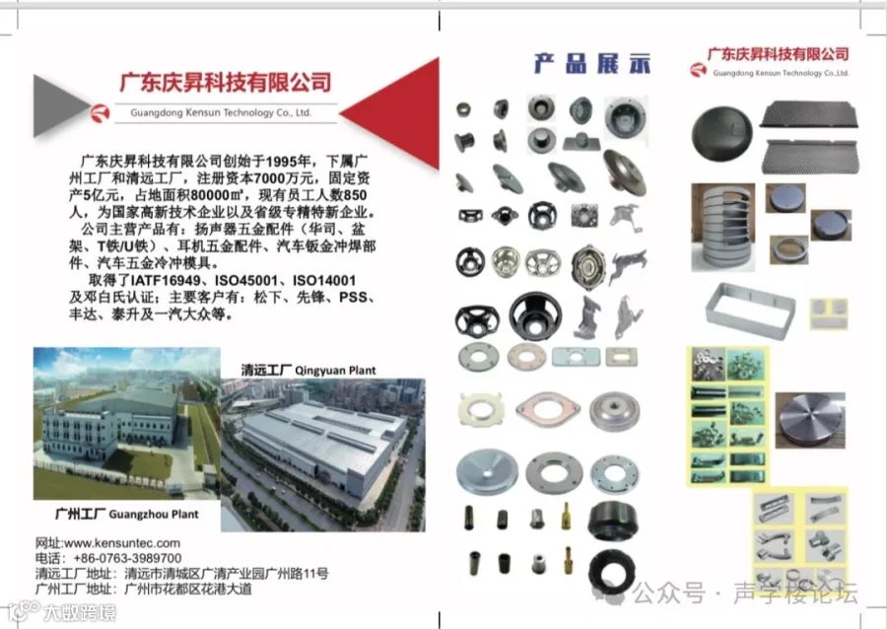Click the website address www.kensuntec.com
pyautogui.click(x=122, y=543)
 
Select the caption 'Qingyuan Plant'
pyautogui.click(x=335, y=371)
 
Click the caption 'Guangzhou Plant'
pyautogui.click(x=154, y=515)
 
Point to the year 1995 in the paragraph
pyautogui.click(x=282, y=162)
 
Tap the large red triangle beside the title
pyautogui.click(x=389, y=113)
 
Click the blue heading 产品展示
pyautogui.click(x=592, y=63)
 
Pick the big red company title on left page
pyautogui.click(x=225, y=83)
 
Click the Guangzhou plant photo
pyautogui.click(x=126, y=423)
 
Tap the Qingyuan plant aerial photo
pyautogui.click(x=322, y=454)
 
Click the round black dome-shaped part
pyautogui.click(x=721, y=135)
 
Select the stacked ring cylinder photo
pyautogui.click(x=722, y=227)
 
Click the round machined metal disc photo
pyautogui.click(x=810, y=420)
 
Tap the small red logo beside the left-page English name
pyautogui.click(x=101, y=113)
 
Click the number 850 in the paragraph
pyautogui.click(x=355, y=196)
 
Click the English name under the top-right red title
pyautogui.click(x=781, y=73)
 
